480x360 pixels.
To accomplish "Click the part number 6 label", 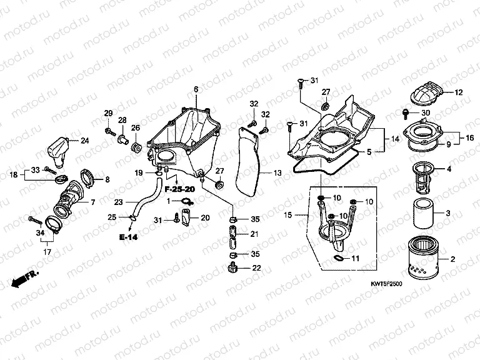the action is point(195,90).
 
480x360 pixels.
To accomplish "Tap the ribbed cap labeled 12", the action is point(429,94).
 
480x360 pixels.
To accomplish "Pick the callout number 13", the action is point(277,172).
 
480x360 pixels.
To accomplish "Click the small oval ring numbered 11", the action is point(337,257).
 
